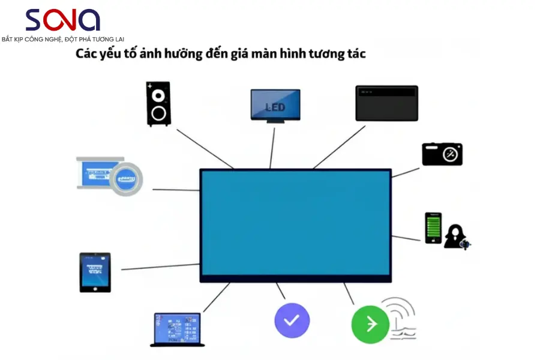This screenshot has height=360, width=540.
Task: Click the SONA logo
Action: click(62, 20)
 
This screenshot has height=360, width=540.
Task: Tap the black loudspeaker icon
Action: click(158, 104)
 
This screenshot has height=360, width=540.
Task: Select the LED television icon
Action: click(275, 106)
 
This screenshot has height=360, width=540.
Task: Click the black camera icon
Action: click(442, 154)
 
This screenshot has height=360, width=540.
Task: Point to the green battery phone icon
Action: click(433, 228)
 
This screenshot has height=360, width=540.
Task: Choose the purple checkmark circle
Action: click(292, 320)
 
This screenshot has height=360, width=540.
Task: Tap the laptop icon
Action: click(177, 329)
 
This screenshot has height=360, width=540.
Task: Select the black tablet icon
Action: click(95, 272)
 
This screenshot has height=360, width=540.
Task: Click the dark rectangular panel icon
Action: click(386, 103)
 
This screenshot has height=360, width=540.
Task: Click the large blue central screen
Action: click(295, 223)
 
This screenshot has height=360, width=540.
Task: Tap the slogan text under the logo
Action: click(62, 39)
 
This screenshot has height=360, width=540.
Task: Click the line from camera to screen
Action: click(406, 172)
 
